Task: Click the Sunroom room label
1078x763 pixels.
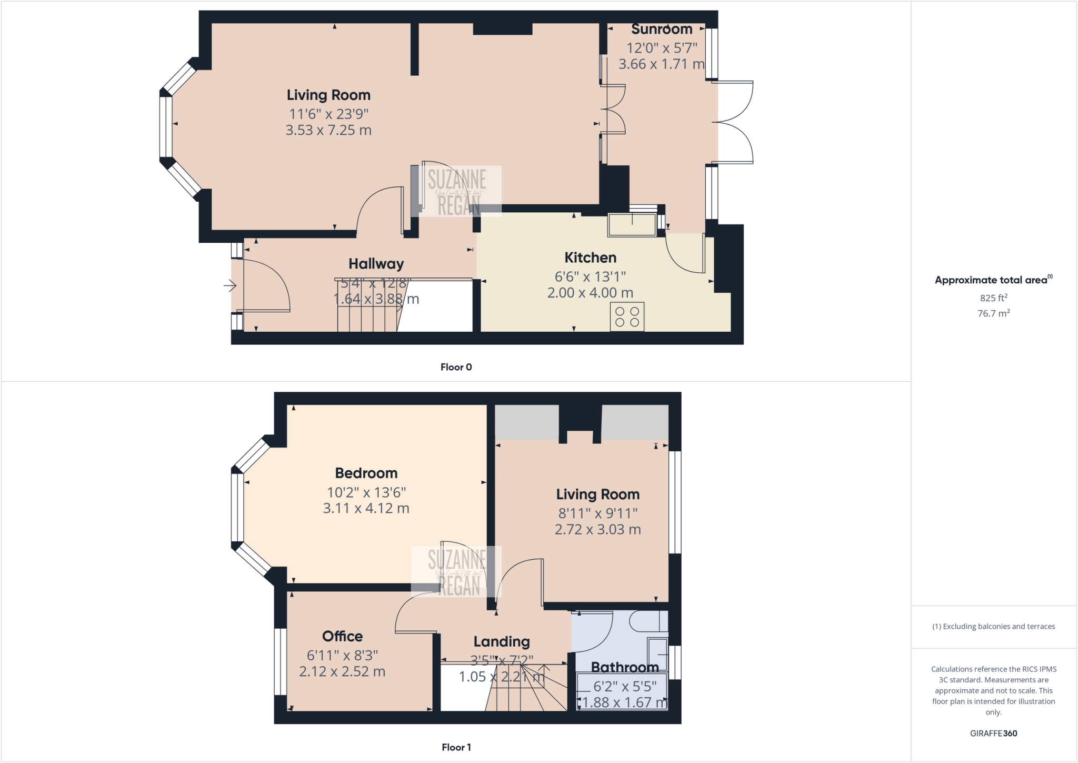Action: pyautogui.click(x=662, y=29)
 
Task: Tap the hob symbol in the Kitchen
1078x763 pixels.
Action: pyautogui.click(x=627, y=316)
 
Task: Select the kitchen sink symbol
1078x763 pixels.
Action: pyautogui.click(x=632, y=225)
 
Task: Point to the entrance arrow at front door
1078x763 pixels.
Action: pyautogui.click(x=230, y=286)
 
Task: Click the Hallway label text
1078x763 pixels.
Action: pyautogui.click(x=376, y=264)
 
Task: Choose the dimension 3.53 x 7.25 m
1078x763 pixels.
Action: pyautogui.click(x=328, y=130)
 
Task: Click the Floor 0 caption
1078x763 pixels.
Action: pyautogui.click(x=456, y=367)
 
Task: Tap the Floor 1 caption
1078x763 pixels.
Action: pyautogui.click(x=456, y=747)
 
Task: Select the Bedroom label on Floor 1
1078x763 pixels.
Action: pyautogui.click(x=366, y=473)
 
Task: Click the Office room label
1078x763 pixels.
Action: pyautogui.click(x=342, y=636)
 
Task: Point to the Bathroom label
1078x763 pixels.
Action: pyautogui.click(x=624, y=667)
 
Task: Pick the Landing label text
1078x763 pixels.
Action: pyautogui.click(x=501, y=641)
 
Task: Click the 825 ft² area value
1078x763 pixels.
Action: pyautogui.click(x=993, y=298)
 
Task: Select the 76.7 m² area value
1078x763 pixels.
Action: pyautogui.click(x=993, y=313)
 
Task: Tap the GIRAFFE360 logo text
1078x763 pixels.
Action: pyautogui.click(x=993, y=733)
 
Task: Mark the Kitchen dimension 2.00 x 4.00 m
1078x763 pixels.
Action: pyautogui.click(x=590, y=293)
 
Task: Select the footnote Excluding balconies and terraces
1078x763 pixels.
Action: pyautogui.click(x=993, y=626)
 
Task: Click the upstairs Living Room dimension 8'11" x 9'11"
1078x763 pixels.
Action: pyautogui.click(x=598, y=513)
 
